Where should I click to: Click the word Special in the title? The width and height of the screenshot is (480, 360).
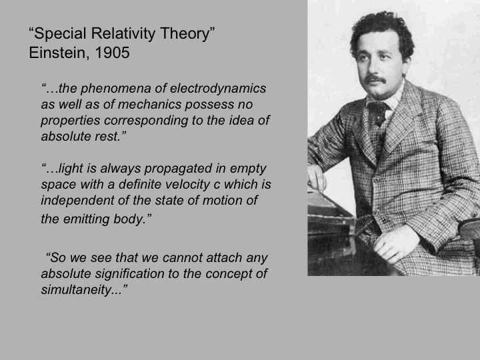coord(60,34)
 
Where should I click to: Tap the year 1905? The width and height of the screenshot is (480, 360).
coord(112,53)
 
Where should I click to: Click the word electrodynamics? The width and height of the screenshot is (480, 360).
coord(218,89)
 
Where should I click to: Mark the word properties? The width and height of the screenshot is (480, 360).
coord(71,121)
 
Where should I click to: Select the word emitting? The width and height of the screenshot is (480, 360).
coord(86,219)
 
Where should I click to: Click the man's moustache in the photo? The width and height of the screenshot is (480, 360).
coord(375,80)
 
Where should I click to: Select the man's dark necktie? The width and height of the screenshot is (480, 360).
coord(379,113)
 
